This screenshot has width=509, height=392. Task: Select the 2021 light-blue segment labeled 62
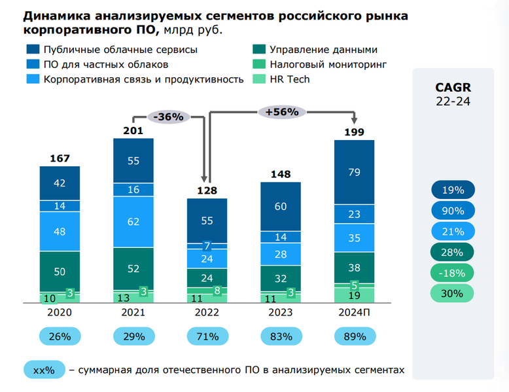click(133, 222)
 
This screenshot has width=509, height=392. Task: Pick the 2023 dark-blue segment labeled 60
click(281, 206)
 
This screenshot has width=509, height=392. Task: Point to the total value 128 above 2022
click(207, 190)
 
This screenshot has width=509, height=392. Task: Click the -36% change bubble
click(169, 116)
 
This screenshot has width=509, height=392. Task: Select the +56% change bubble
click(282, 112)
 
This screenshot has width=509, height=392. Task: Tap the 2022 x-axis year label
click(207, 313)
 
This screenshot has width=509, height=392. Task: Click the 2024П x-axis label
click(354, 313)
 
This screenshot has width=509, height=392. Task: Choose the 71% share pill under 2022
click(207, 337)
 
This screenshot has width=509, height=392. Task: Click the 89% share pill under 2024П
click(354, 337)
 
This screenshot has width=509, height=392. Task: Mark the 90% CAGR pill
click(453, 211)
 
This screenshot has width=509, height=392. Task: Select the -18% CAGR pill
click(453, 273)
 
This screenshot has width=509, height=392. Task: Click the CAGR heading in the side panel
click(453, 88)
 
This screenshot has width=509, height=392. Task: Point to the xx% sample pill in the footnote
click(44, 370)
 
